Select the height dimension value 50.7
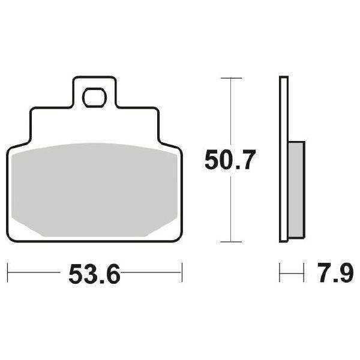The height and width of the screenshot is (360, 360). click(x=230, y=161)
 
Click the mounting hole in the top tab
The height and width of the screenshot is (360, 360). click(x=94, y=96)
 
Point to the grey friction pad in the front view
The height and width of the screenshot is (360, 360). click(x=94, y=189)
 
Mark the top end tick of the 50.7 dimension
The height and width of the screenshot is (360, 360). click(x=231, y=78)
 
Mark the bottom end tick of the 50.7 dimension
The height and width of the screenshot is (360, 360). click(x=231, y=242)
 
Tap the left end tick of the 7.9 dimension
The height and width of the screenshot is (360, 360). click(x=280, y=273)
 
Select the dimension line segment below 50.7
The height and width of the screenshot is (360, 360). click(x=231, y=210)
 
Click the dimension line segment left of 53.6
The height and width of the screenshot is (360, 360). click(x=36, y=273)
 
